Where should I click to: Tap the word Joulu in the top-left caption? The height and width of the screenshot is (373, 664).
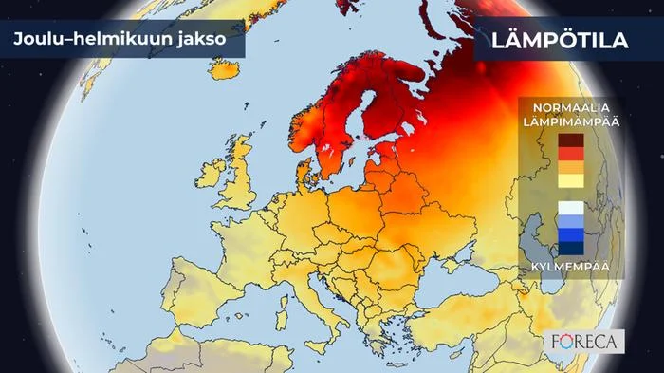click(37, 41)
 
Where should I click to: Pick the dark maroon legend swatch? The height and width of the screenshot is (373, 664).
click(570, 140)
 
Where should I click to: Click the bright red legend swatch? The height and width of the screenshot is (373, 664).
click(570, 153)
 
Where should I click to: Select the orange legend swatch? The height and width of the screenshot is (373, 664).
click(570, 167)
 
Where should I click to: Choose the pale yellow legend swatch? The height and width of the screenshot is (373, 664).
click(570, 180)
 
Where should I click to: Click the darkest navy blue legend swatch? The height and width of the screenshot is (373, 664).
click(570, 249)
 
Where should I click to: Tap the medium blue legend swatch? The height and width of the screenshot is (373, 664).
click(570, 235)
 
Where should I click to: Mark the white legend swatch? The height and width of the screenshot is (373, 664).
click(570, 208)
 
